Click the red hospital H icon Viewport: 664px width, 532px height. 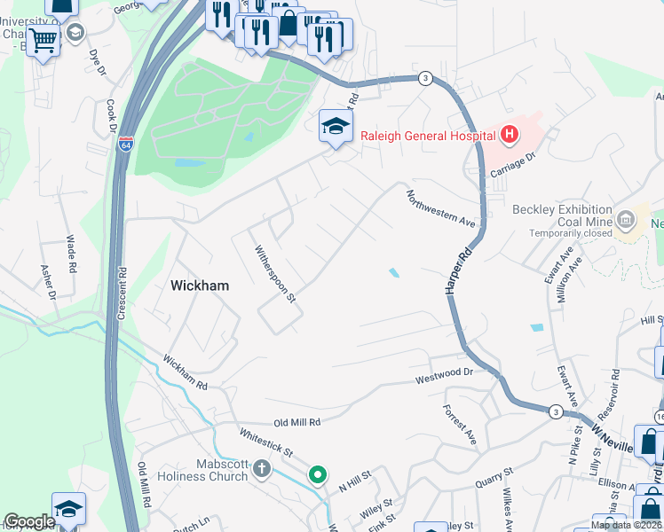click(x=510, y=136)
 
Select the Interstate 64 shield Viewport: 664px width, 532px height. click(x=127, y=144)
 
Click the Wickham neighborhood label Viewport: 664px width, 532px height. click(x=199, y=286)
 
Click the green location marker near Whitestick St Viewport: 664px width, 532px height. click(x=317, y=475)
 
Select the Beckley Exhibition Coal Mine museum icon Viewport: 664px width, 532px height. click(x=627, y=218)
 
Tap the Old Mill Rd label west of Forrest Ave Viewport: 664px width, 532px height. click(x=296, y=423)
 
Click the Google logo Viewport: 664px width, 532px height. click(x=30, y=521)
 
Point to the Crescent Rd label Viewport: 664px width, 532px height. click(x=123, y=293)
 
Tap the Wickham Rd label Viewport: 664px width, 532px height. click(x=185, y=374)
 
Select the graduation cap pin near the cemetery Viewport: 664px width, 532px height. click(x=336, y=126)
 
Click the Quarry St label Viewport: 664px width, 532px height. click(x=495, y=480)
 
